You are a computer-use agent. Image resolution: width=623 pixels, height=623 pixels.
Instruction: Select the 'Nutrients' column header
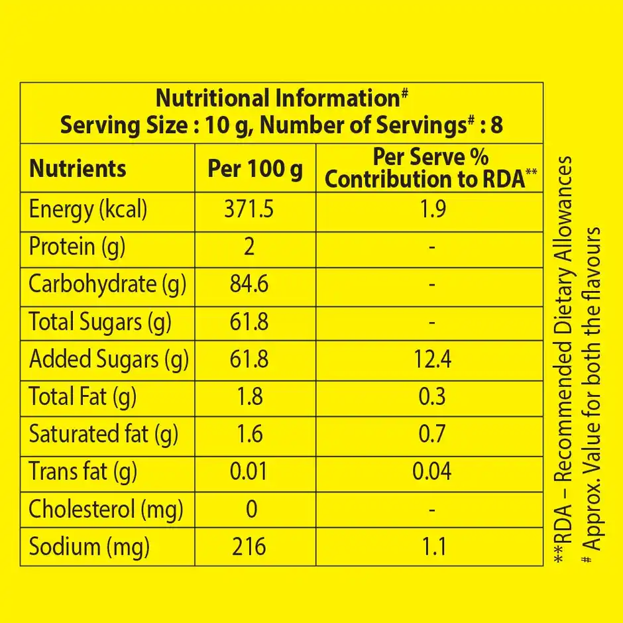(78, 168)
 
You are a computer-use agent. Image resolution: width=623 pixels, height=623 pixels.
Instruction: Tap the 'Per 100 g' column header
(255, 168)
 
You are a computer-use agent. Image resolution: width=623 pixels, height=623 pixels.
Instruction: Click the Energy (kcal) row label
(88, 210)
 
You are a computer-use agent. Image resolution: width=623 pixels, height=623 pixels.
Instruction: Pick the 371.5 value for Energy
(249, 210)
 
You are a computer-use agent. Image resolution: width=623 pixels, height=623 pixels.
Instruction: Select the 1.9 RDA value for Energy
(431, 210)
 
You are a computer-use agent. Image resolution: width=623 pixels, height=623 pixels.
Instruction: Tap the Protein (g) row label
(77, 247)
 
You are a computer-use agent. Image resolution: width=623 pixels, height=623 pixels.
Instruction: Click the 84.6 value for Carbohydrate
(249, 285)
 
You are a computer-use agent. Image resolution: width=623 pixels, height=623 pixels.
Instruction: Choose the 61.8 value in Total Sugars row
(249, 323)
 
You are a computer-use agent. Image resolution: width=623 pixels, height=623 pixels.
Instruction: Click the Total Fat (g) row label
(83, 397)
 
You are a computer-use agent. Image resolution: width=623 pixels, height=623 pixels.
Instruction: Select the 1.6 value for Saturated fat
(249, 434)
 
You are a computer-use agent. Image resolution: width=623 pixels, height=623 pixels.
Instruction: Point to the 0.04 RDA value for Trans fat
(431, 471)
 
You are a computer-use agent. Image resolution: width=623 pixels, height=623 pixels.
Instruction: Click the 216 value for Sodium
(249, 547)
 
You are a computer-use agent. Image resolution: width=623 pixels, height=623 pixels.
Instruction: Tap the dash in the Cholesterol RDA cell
(431, 510)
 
